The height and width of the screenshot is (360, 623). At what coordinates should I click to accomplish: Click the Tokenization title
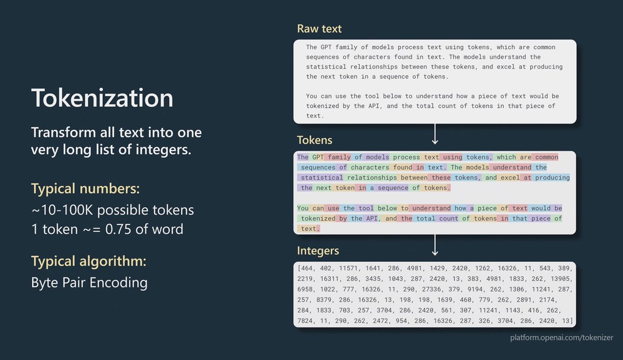pyautogui.click(x=102, y=98)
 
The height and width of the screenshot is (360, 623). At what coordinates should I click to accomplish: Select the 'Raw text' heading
pyautogui.click(x=319, y=29)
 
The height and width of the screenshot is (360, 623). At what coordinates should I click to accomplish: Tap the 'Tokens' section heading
pyautogui.click(x=315, y=140)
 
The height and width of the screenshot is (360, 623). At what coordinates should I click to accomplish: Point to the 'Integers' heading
pyautogui.click(x=318, y=251)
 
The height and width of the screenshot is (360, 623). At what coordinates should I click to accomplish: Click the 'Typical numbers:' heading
pyautogui.click(x=85, y=189)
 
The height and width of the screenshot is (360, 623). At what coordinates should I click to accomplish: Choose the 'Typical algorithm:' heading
pyautogui.click(x=89, y=261)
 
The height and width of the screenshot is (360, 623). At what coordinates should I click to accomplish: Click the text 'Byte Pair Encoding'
pyautogui.click(x=89, y=283)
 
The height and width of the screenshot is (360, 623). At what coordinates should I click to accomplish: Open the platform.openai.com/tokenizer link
pyautogui.click(x=562, y=338)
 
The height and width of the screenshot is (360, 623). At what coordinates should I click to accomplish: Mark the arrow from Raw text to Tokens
pyautogui.click(x=435, y=134)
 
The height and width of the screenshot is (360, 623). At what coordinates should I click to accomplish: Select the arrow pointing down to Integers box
pyautogui.click(x=435, y=245)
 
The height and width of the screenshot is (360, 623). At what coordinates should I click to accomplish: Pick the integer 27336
pyautogui.click(x=431, y=289)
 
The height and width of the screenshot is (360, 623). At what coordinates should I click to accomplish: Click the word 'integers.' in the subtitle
pyautogui.click(x=164, y=150)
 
